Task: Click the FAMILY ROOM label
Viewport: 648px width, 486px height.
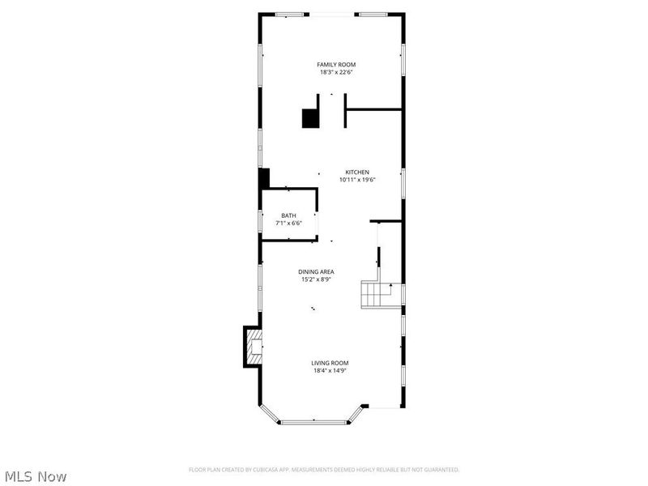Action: point(335,65)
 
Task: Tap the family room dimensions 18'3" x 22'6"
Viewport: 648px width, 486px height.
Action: point(335,72)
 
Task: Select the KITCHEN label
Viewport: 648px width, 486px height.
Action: point(357,173)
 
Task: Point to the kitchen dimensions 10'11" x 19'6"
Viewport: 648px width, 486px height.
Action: point(357,180)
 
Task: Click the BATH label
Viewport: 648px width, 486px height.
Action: point(288,215)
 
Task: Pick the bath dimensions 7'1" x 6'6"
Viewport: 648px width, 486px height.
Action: point(288,223)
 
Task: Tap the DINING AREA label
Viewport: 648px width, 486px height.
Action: point(315,272)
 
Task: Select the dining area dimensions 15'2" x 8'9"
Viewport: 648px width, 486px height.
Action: point(315,279)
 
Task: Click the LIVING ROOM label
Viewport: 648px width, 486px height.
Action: point(330,364)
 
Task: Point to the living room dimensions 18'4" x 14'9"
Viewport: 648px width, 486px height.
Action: point(330,371)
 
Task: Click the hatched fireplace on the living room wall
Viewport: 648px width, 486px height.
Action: point(254,346)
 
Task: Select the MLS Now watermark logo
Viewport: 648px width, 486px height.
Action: point(36,476)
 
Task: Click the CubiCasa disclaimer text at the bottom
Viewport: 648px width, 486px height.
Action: point(324,470)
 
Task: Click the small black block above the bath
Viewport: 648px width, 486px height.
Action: point(263,178)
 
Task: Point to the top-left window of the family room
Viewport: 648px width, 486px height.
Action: point(289,15)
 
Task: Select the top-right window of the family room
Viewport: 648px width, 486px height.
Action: point(372,15)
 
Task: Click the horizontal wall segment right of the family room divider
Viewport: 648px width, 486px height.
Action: point(373,109)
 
